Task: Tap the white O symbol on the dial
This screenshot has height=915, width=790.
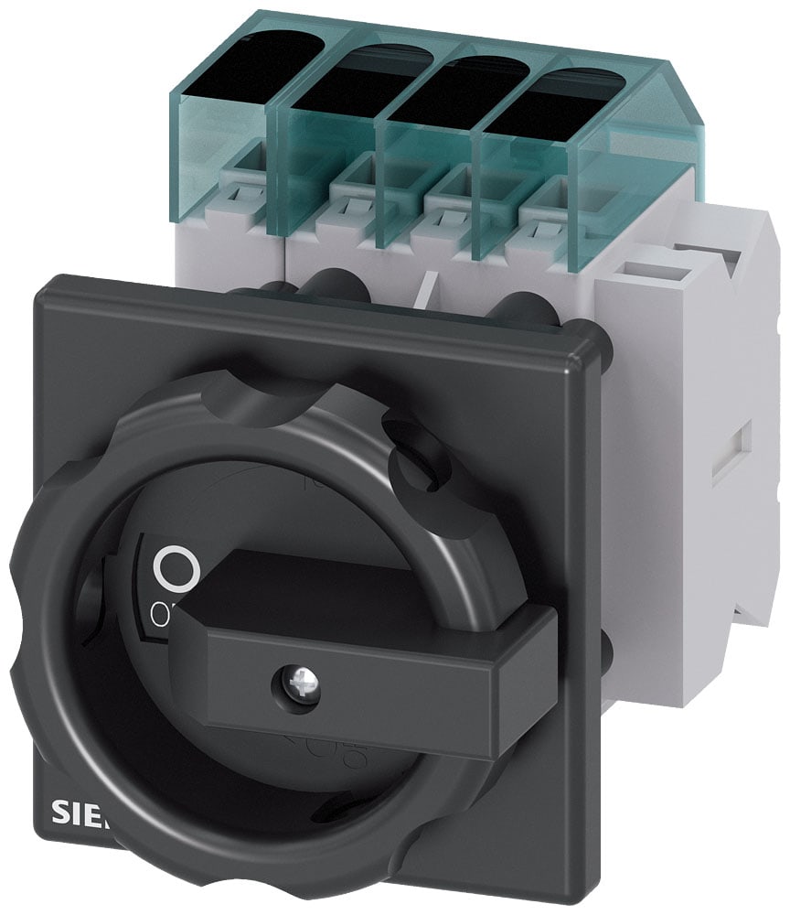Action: coord(176,569)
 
